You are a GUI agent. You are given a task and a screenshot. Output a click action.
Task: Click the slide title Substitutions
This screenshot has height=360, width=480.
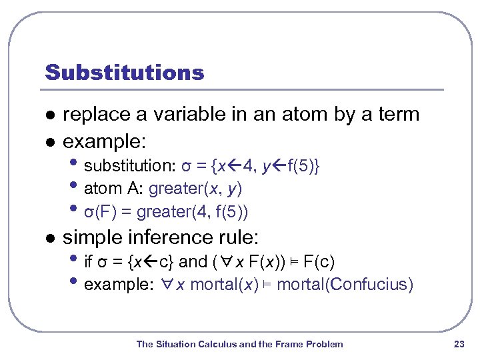tap(124, 72)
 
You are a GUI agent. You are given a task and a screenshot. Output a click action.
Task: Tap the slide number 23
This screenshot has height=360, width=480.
tap(458, 344)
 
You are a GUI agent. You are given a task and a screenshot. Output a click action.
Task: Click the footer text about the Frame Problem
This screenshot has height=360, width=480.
tap(239, 344)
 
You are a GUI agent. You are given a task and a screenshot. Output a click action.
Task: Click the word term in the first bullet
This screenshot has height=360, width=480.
tap(396, 115)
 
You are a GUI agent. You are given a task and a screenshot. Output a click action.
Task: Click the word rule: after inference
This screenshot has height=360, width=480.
tap(239, 237)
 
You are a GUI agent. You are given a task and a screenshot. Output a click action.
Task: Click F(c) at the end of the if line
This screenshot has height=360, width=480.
tap(319, 261)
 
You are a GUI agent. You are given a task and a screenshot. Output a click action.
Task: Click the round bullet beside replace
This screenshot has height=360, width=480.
tap(47, 115)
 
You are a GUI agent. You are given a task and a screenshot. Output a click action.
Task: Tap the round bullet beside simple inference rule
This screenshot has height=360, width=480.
tap(47, 238)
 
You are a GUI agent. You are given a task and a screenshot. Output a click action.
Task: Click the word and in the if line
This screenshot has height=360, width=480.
tap(193, 261)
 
